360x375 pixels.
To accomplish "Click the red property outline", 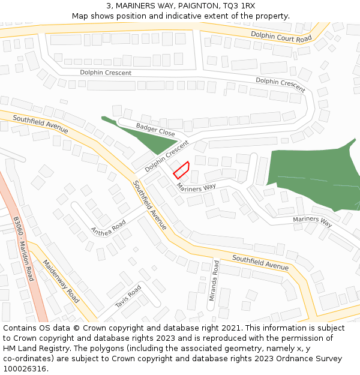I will click(182, 170).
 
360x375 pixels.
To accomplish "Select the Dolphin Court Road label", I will click(281, 37).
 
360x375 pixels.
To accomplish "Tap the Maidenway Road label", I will click(61, 281).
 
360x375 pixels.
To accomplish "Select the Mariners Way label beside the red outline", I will click(196, 187).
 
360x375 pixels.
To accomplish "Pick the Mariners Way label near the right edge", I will click(312, 221).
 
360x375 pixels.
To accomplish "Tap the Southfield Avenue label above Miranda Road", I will click(260, 262).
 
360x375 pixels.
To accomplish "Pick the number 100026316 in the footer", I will click(24, 369).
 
